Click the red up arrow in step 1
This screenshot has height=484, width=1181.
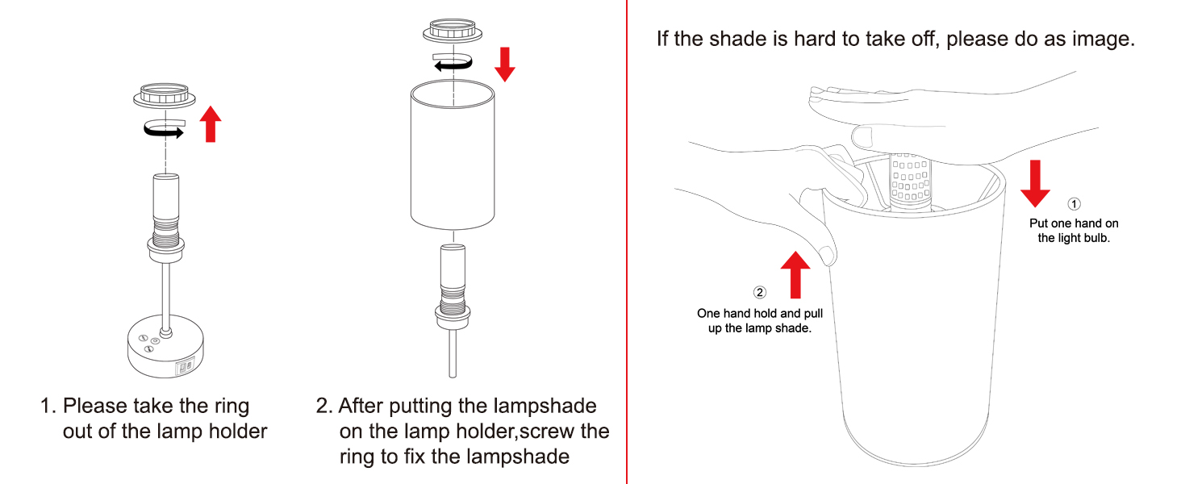tap(211, 124)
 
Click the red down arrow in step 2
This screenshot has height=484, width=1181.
tap(505, 64)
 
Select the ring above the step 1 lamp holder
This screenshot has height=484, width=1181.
tap(165, 96)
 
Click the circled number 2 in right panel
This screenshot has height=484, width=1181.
tap(759, 293)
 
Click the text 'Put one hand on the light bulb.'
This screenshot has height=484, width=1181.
tap(1074, 230)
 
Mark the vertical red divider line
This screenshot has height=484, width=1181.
tap(627, 242)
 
